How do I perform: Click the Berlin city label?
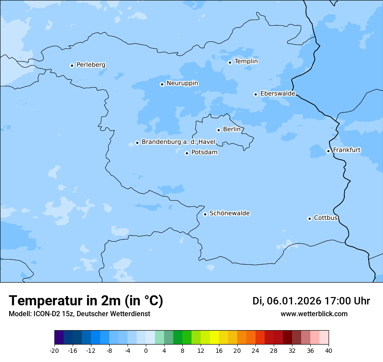tap(232, 130)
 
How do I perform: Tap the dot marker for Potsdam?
tap(187, 153)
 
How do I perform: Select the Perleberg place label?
tap(91, 65)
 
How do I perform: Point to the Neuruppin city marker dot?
tap(162, 84)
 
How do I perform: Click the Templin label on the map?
tap(246, 61)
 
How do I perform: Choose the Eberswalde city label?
tap(278, 94)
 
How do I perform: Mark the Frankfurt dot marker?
tap(328, 151)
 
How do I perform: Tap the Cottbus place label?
tap(326, 218)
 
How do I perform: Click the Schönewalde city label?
tap(229, 213)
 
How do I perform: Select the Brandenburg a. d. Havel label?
tap(178, 142)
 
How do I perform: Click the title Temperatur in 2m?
tap(86, 301)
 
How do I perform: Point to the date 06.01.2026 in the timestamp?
tap(294, 301)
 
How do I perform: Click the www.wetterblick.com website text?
tap(314, 314)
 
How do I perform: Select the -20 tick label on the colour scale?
tap(54, 351)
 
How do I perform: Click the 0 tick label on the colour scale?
tap(146, 351)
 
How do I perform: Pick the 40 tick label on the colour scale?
tap(328, 351)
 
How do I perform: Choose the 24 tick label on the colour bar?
tap(255, 351)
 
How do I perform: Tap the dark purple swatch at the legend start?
tap(59, 338)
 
